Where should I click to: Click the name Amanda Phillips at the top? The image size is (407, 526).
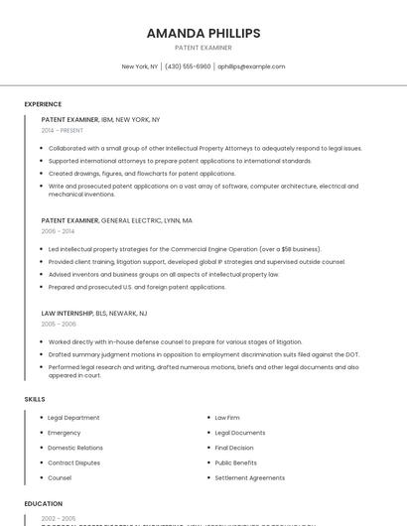[203, 33]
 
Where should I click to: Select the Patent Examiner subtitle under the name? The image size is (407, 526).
[203, 48]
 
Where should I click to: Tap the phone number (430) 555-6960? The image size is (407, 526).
[187, 66]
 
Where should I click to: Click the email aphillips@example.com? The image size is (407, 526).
[251, 66]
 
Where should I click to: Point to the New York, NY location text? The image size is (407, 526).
[140, 66]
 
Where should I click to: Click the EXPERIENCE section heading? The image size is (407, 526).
[43, 104]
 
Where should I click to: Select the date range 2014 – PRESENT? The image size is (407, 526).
[63, 130]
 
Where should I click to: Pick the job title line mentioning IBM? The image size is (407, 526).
[100, 119]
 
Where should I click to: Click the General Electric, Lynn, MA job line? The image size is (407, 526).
[116, 220]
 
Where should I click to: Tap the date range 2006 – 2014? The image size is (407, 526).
[58, 231]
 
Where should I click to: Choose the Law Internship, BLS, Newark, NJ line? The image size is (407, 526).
[94, 313]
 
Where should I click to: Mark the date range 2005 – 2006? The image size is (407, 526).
[59, 324]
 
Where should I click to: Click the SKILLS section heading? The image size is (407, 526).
[35, 399]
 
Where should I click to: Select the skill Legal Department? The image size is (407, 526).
[73, 418]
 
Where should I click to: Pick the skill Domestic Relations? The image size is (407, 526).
[75, 448]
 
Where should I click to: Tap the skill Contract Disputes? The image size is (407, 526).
[73, 462]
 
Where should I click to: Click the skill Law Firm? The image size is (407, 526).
[227, 418]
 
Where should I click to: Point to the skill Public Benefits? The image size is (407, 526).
[236, 462]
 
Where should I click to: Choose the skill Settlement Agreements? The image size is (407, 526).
[250, 477]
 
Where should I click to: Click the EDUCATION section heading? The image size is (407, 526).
[44, 503]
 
